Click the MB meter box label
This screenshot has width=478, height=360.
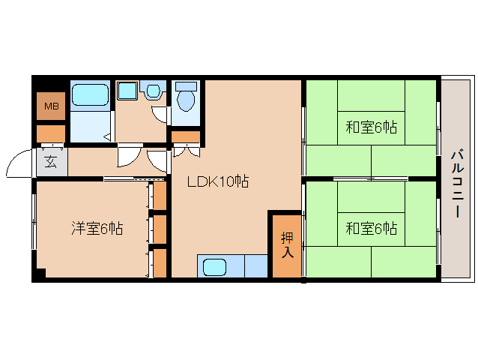(x=52, y=106)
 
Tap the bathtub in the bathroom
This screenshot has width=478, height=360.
(x=90, y=95)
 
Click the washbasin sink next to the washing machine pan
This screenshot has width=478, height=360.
(x=154, y=91)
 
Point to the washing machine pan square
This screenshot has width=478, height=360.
(x=127, y=90)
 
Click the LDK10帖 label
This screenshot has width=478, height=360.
(x=218, y=181)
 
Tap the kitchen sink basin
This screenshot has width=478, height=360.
(x=215, y=267)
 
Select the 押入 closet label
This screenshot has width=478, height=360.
(x=287, y=245)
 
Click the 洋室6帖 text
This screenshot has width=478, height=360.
(x=97, y=228)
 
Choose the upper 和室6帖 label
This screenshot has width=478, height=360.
(x=372, y=127)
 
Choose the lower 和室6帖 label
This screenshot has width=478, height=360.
(x=372, y=228)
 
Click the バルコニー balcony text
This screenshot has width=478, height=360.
(x=457, y=184)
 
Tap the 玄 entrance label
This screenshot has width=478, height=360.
(x=51, y=162)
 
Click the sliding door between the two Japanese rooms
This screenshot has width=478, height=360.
(x=371, y=178)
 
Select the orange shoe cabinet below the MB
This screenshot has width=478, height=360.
(x=51, y=133)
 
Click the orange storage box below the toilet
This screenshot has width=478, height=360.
(x=186, y=137)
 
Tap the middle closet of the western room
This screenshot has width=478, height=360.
(x=160, y=229)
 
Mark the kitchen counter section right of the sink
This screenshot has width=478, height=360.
(x=256, y=266)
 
